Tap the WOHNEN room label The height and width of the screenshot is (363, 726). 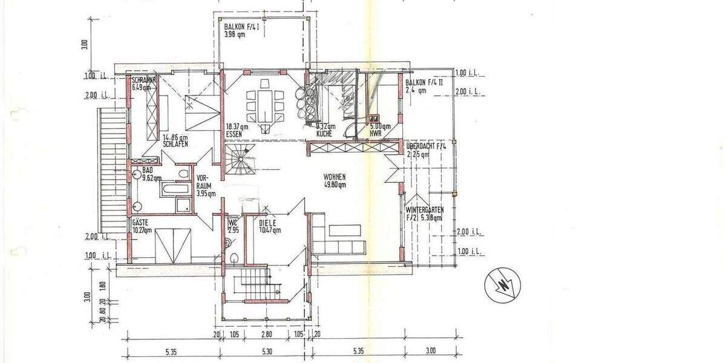334,177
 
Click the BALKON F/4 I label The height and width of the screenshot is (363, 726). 241,28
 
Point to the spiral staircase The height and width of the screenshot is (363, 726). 239,160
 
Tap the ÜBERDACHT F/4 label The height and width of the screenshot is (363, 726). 426,146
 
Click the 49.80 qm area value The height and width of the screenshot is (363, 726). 334,185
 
